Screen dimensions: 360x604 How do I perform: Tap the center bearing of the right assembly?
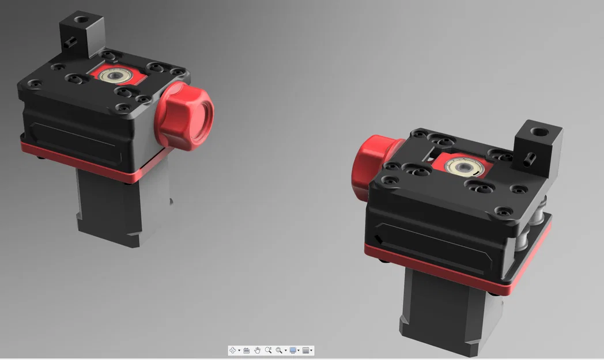[x=462, y=167]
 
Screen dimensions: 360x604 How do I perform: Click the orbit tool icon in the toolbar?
[x=233, y=350]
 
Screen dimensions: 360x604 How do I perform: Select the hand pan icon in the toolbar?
[x=258, y=350]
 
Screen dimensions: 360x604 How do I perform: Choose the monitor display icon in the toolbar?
[x=293, y=350]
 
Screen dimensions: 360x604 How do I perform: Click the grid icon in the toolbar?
[x=305, y=350]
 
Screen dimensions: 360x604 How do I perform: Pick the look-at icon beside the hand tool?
[x=246, y=350]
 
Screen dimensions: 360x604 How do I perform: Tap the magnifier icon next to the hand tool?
[x=268, y=350]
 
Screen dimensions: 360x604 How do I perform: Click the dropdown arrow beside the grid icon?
[x=311, y=351]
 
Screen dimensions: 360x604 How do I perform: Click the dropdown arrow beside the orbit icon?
[x=239, y=351]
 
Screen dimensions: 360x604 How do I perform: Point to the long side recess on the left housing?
[x=75, y=138]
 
